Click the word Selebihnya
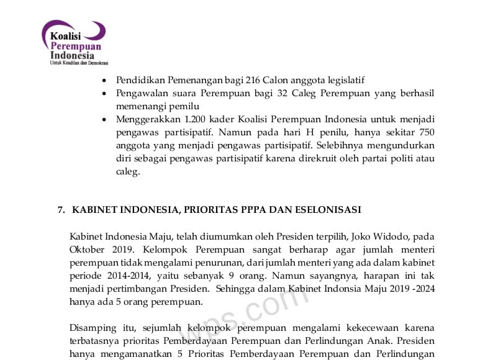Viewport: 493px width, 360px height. pos(344,145)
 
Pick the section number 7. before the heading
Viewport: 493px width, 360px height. pos(61,210)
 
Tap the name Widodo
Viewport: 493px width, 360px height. pos(392,236)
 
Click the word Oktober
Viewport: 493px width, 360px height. pos(88,250)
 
